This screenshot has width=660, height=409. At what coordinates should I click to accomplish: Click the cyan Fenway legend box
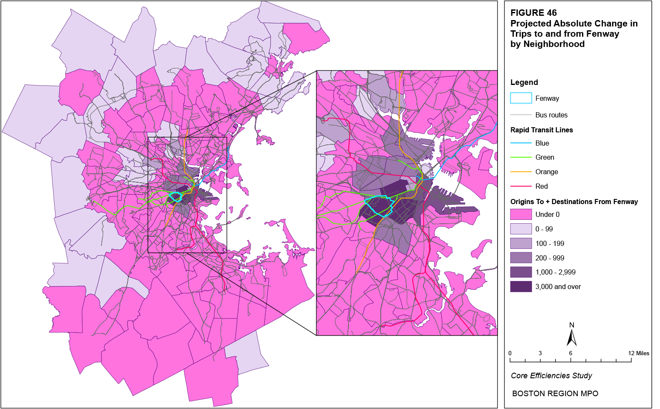(x=521, y=98)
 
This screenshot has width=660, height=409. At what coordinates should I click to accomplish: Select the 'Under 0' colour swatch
(x=521, y=214)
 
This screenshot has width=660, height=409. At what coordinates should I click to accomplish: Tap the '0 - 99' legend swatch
(x=521, y=229)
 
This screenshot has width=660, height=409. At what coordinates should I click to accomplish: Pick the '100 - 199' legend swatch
(x=521, y=243)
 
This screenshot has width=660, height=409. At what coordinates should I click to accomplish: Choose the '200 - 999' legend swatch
(x=521, y=258)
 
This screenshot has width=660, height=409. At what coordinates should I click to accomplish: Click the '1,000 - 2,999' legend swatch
(x=521, y=272)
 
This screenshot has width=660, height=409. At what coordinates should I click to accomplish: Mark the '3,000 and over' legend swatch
(x=521, y=286)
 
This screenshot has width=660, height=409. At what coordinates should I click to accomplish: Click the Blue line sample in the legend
(x=521, y=143)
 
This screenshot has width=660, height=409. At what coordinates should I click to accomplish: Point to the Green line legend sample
(x=521, y=158)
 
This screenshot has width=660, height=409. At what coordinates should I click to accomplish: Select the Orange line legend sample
(x=521, y=172)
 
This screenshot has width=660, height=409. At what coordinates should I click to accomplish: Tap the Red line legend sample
(x=521, y=186)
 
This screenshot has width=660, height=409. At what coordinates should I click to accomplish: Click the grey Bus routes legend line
(x=521, y=115)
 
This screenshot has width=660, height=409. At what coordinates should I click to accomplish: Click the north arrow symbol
(x=572, y=337)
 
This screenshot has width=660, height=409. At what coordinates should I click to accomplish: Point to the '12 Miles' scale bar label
(x=639, y=353)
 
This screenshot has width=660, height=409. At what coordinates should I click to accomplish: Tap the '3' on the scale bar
(x=540, y=353)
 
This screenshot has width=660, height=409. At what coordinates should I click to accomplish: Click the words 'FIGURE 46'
(x=533, y=13)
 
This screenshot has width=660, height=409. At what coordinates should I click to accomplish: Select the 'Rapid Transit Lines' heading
(x=541, y=130)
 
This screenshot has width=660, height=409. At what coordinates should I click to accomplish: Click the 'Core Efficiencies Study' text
(x=551, y=376)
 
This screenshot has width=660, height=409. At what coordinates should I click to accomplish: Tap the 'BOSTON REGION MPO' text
(x=555, y=394)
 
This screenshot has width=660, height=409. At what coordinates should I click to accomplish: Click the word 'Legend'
(x=524, y=82)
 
